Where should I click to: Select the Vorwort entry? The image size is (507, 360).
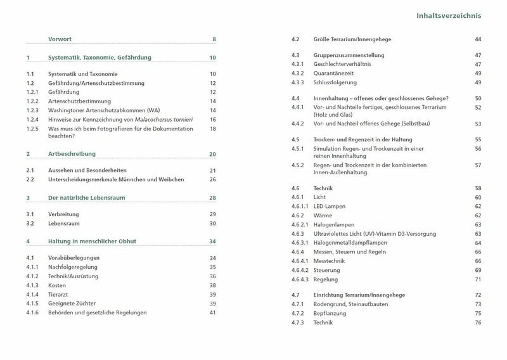(x=60, y=40)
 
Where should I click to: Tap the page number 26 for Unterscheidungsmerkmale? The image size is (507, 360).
(x=213, y=179)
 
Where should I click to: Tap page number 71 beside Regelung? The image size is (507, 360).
(x=478, y=279)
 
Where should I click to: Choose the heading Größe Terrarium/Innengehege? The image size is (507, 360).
(x=357, y=40)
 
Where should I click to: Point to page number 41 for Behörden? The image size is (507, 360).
(x=213, y=312)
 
